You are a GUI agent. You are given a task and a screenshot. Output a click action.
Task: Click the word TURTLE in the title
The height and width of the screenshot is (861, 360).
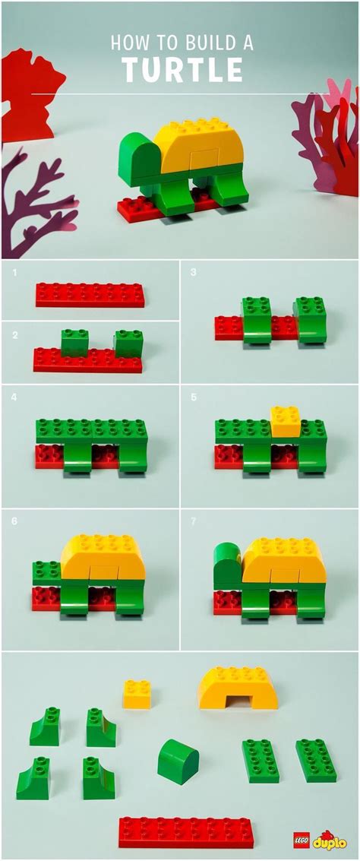pyautogui.click(x=182, y=71)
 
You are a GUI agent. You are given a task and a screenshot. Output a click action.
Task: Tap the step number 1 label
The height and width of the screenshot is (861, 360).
pyautogui.click(x=13, y=271)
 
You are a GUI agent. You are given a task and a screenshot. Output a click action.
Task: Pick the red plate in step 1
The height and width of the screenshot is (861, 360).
pyautogui.click(x=90, y=295)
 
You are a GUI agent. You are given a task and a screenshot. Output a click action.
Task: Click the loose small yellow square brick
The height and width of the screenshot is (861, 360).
pyautogui.click(x=137, y=695)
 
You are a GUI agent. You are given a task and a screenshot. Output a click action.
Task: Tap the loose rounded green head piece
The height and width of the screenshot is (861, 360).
pyautogui.click(x=178, y=761)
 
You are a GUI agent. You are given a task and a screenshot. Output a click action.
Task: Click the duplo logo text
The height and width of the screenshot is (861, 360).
pyautogui.click(x=330, y=840)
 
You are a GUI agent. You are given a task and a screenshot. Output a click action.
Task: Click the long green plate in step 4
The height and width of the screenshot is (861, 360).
pyautogui.click(x=91, y=432)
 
